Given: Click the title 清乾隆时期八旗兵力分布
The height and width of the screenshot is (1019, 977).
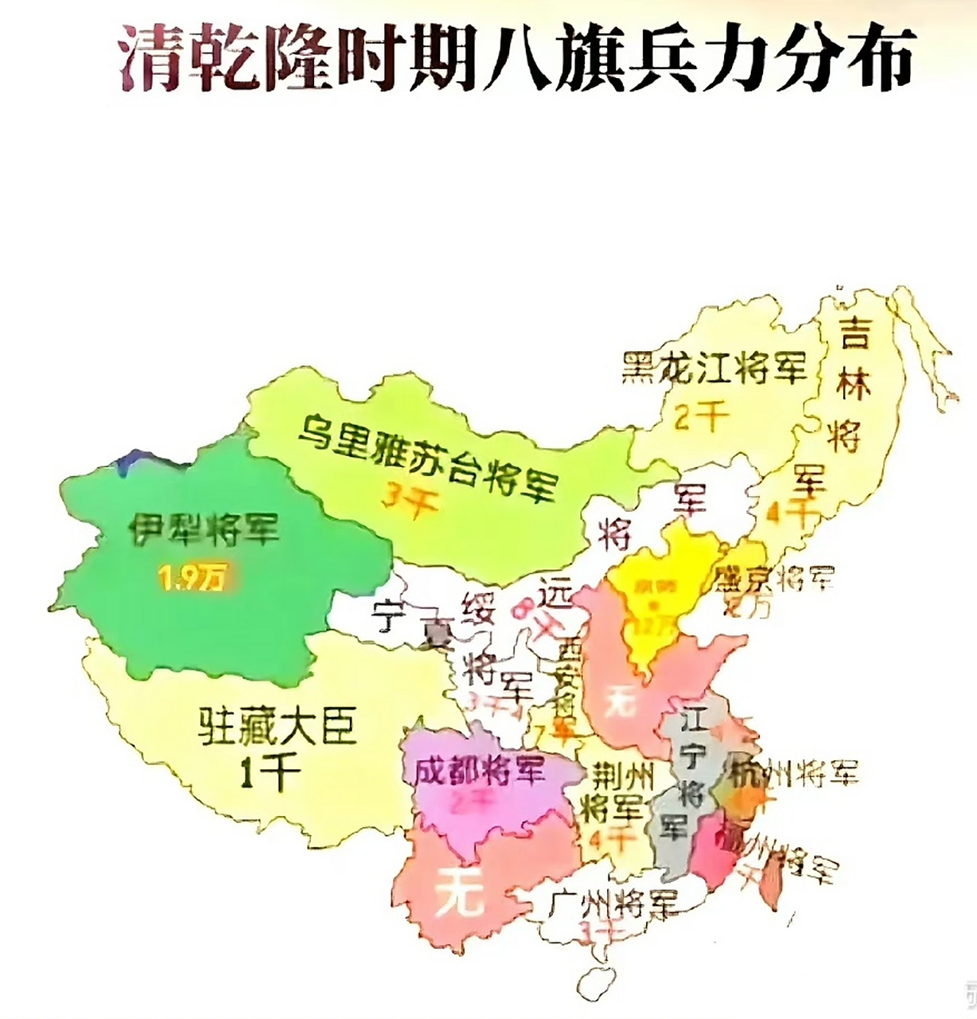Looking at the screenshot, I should point(517,57).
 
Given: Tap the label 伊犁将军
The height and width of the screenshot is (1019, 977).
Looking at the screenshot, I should point(205,530).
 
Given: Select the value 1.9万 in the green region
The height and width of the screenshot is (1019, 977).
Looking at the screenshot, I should point(191,580).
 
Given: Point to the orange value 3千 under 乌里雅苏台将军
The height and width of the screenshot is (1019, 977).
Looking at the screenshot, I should point(407,502).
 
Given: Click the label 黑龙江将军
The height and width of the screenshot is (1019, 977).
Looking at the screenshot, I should point(714,368).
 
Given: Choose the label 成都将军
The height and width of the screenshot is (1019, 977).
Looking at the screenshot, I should point(479,771).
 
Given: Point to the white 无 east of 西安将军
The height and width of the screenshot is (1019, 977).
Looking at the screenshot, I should point(620,701).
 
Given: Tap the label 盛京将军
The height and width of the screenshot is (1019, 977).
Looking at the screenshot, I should point(773,579).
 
